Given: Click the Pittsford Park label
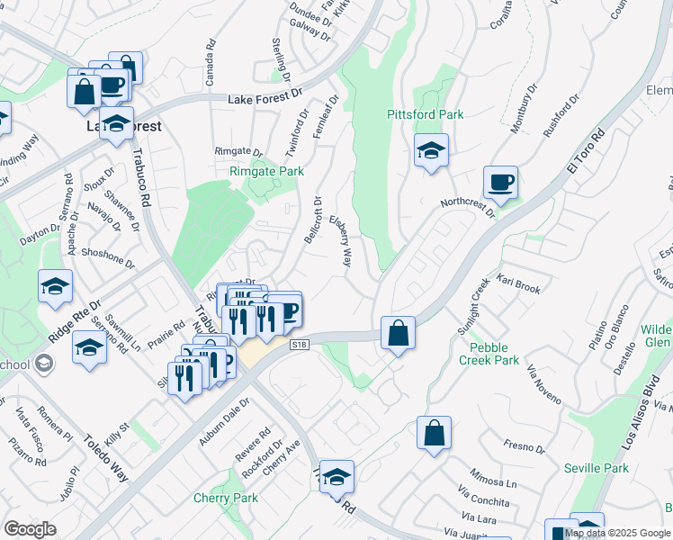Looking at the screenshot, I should pos(426,114).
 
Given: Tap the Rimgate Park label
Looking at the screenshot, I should pos(266,171).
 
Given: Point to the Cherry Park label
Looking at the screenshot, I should pos(226,498).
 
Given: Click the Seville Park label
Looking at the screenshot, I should pos(597,468).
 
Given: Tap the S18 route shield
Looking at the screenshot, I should pos(300,345).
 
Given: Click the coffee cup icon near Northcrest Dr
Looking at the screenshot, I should pos(501,183).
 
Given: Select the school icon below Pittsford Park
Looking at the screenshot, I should pos(431,150).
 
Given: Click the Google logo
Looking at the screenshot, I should pos(30,529).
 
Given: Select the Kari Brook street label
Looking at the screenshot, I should pos(517,289).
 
